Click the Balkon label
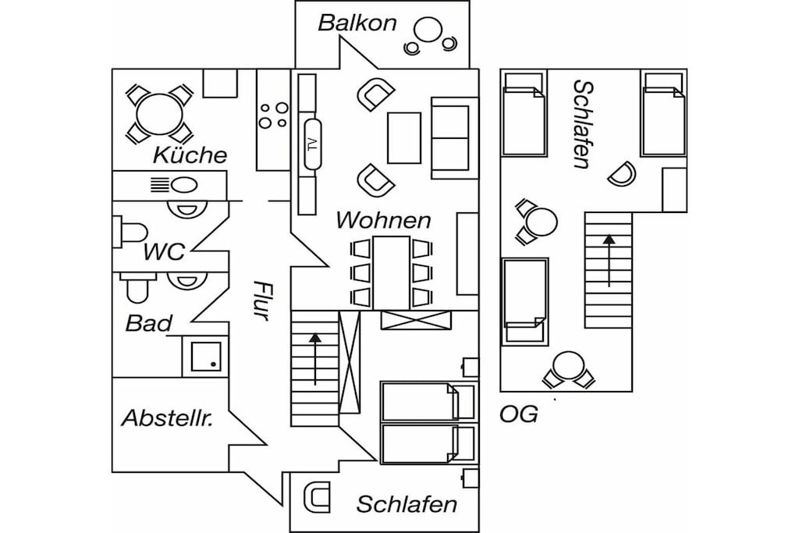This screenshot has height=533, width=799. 357,23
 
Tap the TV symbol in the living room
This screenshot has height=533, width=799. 312,144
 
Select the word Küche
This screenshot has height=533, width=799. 190,155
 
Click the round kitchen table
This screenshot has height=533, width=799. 159,114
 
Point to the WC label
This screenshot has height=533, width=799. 164,252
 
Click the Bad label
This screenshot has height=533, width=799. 149,324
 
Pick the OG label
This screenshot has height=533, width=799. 519,415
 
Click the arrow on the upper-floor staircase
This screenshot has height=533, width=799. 609,261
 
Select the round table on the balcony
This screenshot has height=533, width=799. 428,30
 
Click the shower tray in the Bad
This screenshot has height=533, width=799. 206,356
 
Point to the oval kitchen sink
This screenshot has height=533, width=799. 183,185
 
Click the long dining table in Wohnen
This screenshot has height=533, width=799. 392,272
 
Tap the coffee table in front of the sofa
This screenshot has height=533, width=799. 404,138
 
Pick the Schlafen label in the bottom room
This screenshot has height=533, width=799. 407,504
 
